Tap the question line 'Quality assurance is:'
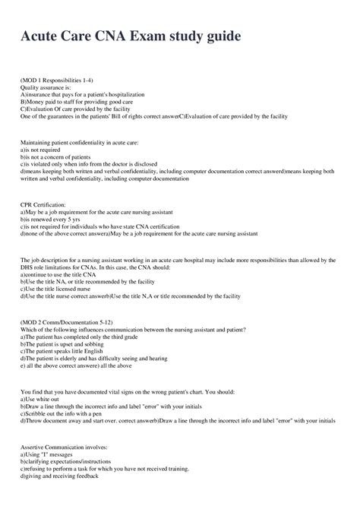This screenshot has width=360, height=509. coord(46,87)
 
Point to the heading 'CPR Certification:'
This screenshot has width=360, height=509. coord(43,205)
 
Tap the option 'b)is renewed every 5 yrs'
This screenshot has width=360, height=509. coord(49,220)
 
